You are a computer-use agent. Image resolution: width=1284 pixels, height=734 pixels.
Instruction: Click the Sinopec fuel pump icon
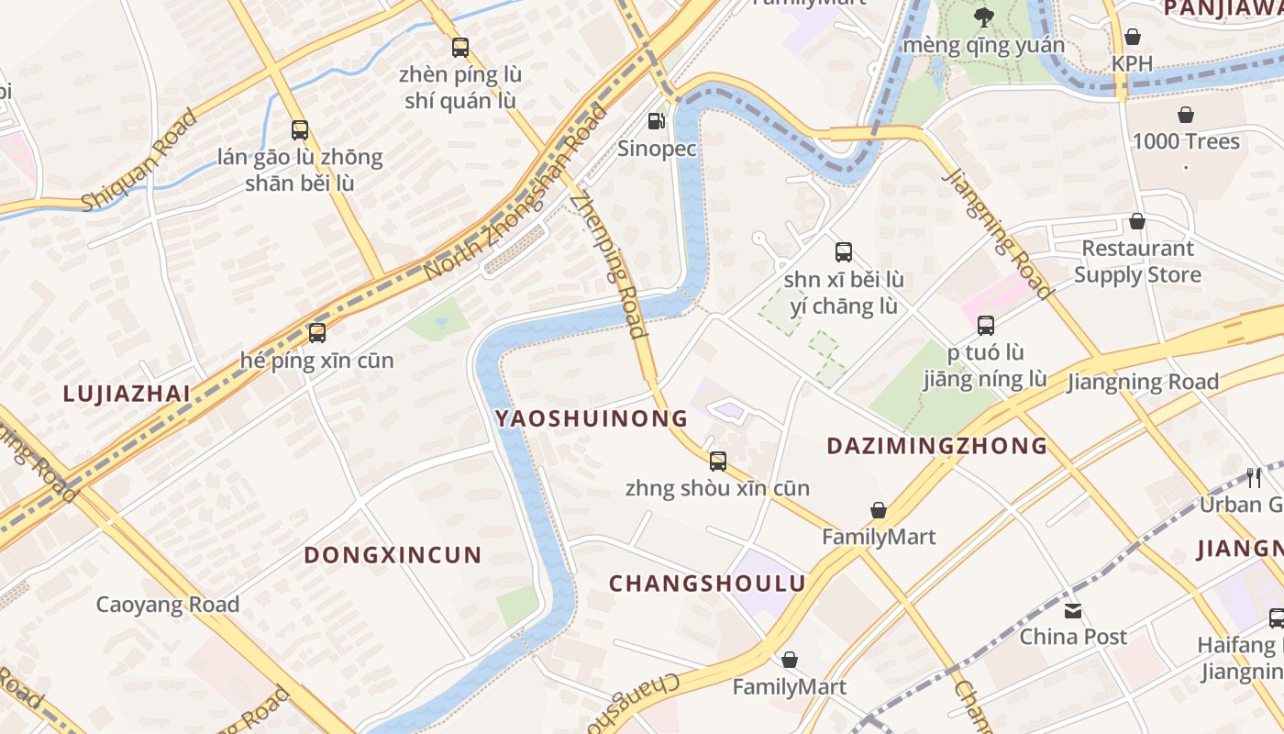(x=656, y=120)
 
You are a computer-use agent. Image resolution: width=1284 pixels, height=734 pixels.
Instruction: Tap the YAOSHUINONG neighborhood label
(x=591, y=418)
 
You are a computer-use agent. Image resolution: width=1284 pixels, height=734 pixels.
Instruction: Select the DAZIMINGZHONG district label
(x=936, y=446)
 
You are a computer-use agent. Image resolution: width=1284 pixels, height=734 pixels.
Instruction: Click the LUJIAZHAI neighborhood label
(x=127, y=394)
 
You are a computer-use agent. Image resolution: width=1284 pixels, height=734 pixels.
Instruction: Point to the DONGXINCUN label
(x=393, y=555)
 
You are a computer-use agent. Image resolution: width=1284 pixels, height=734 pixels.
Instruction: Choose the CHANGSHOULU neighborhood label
(x=707, y=584)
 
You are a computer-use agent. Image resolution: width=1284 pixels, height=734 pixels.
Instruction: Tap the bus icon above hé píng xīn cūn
(x=317, y=332)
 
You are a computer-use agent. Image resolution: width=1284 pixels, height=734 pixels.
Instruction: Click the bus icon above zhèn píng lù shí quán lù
(x=460, y=47)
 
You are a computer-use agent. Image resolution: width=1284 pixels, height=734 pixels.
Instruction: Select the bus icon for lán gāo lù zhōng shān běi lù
(x=300, y=129)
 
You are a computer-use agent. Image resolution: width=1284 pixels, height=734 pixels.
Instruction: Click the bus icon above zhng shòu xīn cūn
(x=718, y=461)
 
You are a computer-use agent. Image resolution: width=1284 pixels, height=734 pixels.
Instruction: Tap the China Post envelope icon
(x=1073, y=609)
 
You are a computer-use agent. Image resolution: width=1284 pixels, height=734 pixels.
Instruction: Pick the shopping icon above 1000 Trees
(x=1186, y=115)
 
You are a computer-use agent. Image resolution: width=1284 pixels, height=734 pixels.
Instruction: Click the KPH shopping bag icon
(x=1133, y=37)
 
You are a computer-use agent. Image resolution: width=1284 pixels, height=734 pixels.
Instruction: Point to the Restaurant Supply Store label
(x=1137, y=261)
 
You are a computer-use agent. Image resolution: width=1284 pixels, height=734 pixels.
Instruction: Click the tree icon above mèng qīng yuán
(x=984, y=17)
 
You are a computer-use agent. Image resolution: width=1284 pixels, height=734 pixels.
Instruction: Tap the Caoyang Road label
(x=168, y=605)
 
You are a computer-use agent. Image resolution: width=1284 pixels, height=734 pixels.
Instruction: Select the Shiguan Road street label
(x=139, y=160)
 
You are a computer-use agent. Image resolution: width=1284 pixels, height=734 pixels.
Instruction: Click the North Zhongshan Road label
(x=517, y=194)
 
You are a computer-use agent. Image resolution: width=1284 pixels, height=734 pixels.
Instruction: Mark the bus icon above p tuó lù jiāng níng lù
(x=986, y=325)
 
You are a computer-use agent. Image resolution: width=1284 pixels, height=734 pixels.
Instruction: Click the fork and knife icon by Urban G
(x=1254, y=477)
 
